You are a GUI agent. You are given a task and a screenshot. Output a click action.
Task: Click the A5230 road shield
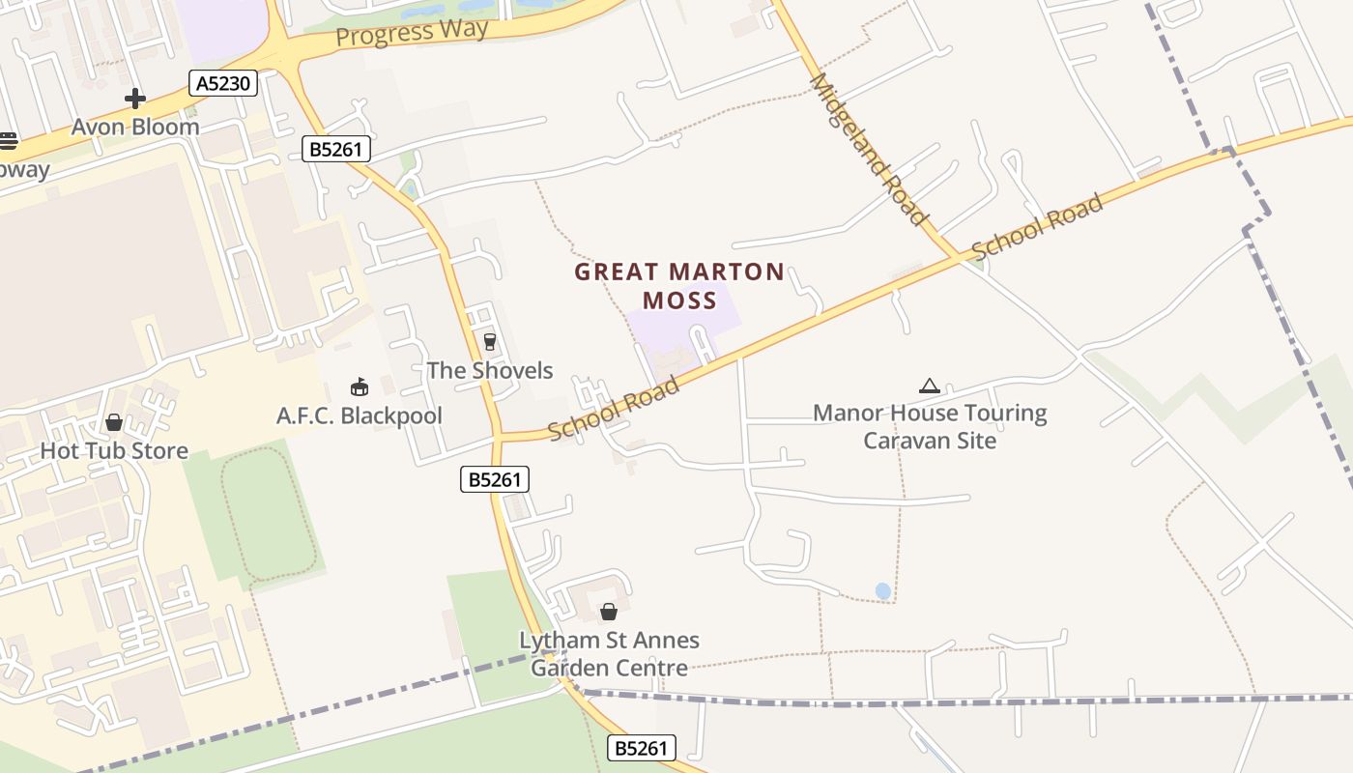point(223,83)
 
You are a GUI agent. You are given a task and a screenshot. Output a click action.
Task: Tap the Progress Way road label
point(413,32)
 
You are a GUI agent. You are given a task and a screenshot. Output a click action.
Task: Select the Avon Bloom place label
point(136,127)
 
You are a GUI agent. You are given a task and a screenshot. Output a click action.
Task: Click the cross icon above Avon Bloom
point(135,98)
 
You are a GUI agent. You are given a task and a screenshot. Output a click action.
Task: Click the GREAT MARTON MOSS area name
point(679,285)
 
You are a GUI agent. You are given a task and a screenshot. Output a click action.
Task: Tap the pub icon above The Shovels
point(489,341)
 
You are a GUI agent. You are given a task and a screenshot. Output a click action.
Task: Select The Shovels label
point(490,370)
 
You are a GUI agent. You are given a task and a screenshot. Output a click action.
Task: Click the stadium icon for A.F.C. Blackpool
point(360,387)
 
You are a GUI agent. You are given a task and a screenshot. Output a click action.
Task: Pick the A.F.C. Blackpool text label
point(360,415)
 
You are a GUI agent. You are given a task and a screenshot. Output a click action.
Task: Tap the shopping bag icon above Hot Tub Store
point(114,422)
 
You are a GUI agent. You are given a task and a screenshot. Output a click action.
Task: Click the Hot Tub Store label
point(114,450)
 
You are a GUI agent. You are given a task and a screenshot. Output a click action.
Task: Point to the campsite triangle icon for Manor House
point(930,386)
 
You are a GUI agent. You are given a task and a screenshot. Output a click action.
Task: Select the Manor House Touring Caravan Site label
point(930,426)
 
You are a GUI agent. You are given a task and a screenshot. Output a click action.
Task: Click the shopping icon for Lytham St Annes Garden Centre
point(609,612)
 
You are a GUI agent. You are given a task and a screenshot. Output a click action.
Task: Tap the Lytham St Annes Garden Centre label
point(609,653)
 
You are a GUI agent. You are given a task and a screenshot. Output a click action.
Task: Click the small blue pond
point(882,590)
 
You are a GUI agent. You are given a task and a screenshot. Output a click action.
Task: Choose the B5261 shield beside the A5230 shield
point(336,149)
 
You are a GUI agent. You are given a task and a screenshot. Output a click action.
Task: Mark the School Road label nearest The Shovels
point(615,409)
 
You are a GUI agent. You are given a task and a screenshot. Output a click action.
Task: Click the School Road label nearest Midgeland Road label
point(1037,228)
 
